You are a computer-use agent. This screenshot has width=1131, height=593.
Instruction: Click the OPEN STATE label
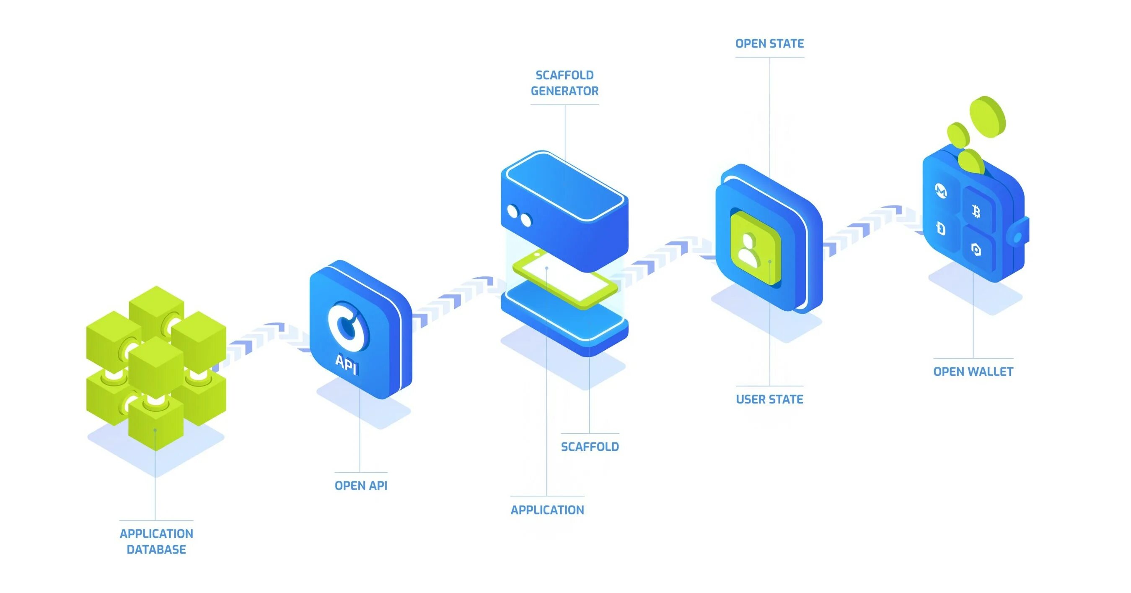(x=769, y=44)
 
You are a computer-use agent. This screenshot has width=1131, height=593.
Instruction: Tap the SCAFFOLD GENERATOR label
(x=564, y=83)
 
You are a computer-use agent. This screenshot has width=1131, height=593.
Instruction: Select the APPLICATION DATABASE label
(x=156, y=541)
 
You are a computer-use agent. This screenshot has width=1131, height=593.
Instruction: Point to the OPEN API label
(x=361, y=485)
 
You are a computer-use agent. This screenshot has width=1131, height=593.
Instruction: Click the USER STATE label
(x=769, y=399)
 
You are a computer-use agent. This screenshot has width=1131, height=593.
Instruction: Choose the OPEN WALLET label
(x=973, y=372)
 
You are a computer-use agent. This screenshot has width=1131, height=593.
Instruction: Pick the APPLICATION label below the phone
(x=547, y=510)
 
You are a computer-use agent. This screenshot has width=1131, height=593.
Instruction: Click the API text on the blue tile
(x=347, y=364)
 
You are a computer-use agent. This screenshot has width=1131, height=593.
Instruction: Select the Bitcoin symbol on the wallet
(x=976, y=212)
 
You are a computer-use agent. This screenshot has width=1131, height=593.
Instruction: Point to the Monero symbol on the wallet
(x=940, y=191)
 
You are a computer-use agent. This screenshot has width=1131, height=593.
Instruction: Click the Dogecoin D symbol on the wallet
(x=940, y=229)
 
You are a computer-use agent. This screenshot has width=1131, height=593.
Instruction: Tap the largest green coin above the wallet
(x=987, y=117)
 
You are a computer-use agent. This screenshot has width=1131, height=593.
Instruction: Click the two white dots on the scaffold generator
(x=519, y=216)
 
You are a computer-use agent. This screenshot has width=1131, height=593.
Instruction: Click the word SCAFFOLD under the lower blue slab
(x=590, y=447)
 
